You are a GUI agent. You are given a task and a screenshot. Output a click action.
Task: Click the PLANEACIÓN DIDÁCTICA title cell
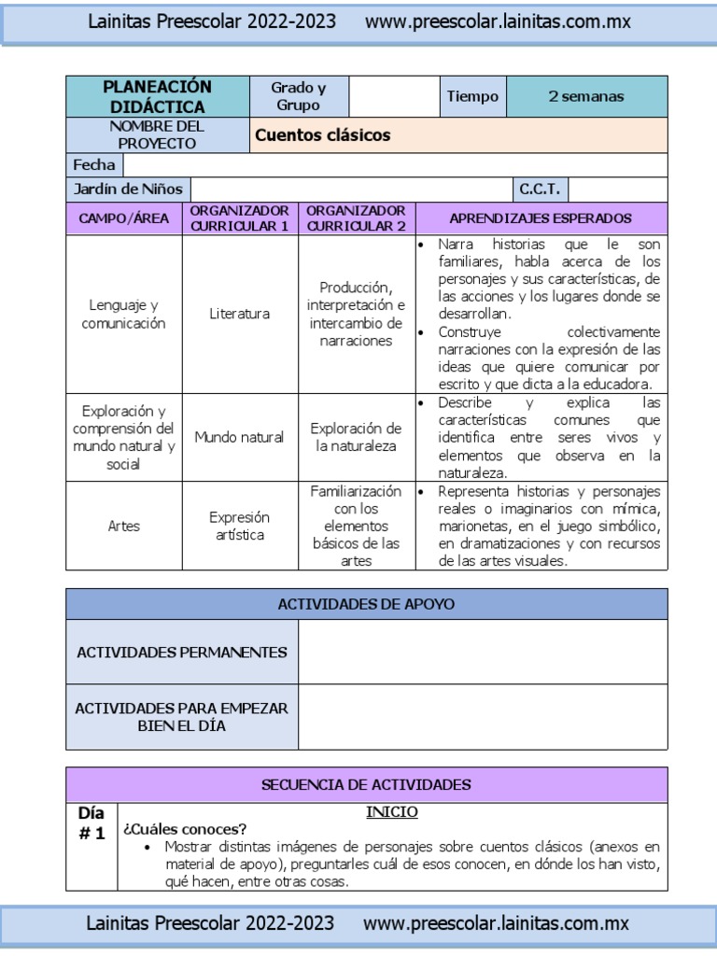157,97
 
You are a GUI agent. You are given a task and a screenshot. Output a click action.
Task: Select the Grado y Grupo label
298,97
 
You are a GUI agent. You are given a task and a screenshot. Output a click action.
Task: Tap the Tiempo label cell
472,97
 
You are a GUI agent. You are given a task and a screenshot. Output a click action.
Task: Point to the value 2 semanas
586,97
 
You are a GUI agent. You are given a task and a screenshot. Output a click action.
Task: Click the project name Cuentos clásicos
323,135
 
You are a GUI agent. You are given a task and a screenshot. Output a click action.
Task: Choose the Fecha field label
94,165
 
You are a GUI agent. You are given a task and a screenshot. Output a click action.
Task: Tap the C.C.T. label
540,190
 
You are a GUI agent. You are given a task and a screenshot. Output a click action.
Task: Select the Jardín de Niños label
128,190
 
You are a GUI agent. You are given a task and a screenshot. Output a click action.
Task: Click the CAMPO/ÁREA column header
123,218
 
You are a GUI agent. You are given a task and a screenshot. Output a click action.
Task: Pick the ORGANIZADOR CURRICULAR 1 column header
240,218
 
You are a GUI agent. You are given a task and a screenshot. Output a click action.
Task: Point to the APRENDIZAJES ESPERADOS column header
541,218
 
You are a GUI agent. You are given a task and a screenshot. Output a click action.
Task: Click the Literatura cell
240,314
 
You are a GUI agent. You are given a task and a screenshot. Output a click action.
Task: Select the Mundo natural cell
240,437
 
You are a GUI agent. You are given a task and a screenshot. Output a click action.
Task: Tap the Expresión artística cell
240,526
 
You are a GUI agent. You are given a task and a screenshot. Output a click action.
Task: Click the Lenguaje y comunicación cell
123,314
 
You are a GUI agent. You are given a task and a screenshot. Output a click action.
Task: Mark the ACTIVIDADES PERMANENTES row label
182,653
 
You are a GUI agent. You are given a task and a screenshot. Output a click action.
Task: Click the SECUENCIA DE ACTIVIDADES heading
366,784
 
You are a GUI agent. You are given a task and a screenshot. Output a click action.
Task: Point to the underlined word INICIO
391,812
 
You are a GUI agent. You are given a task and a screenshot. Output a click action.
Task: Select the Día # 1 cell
91,823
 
